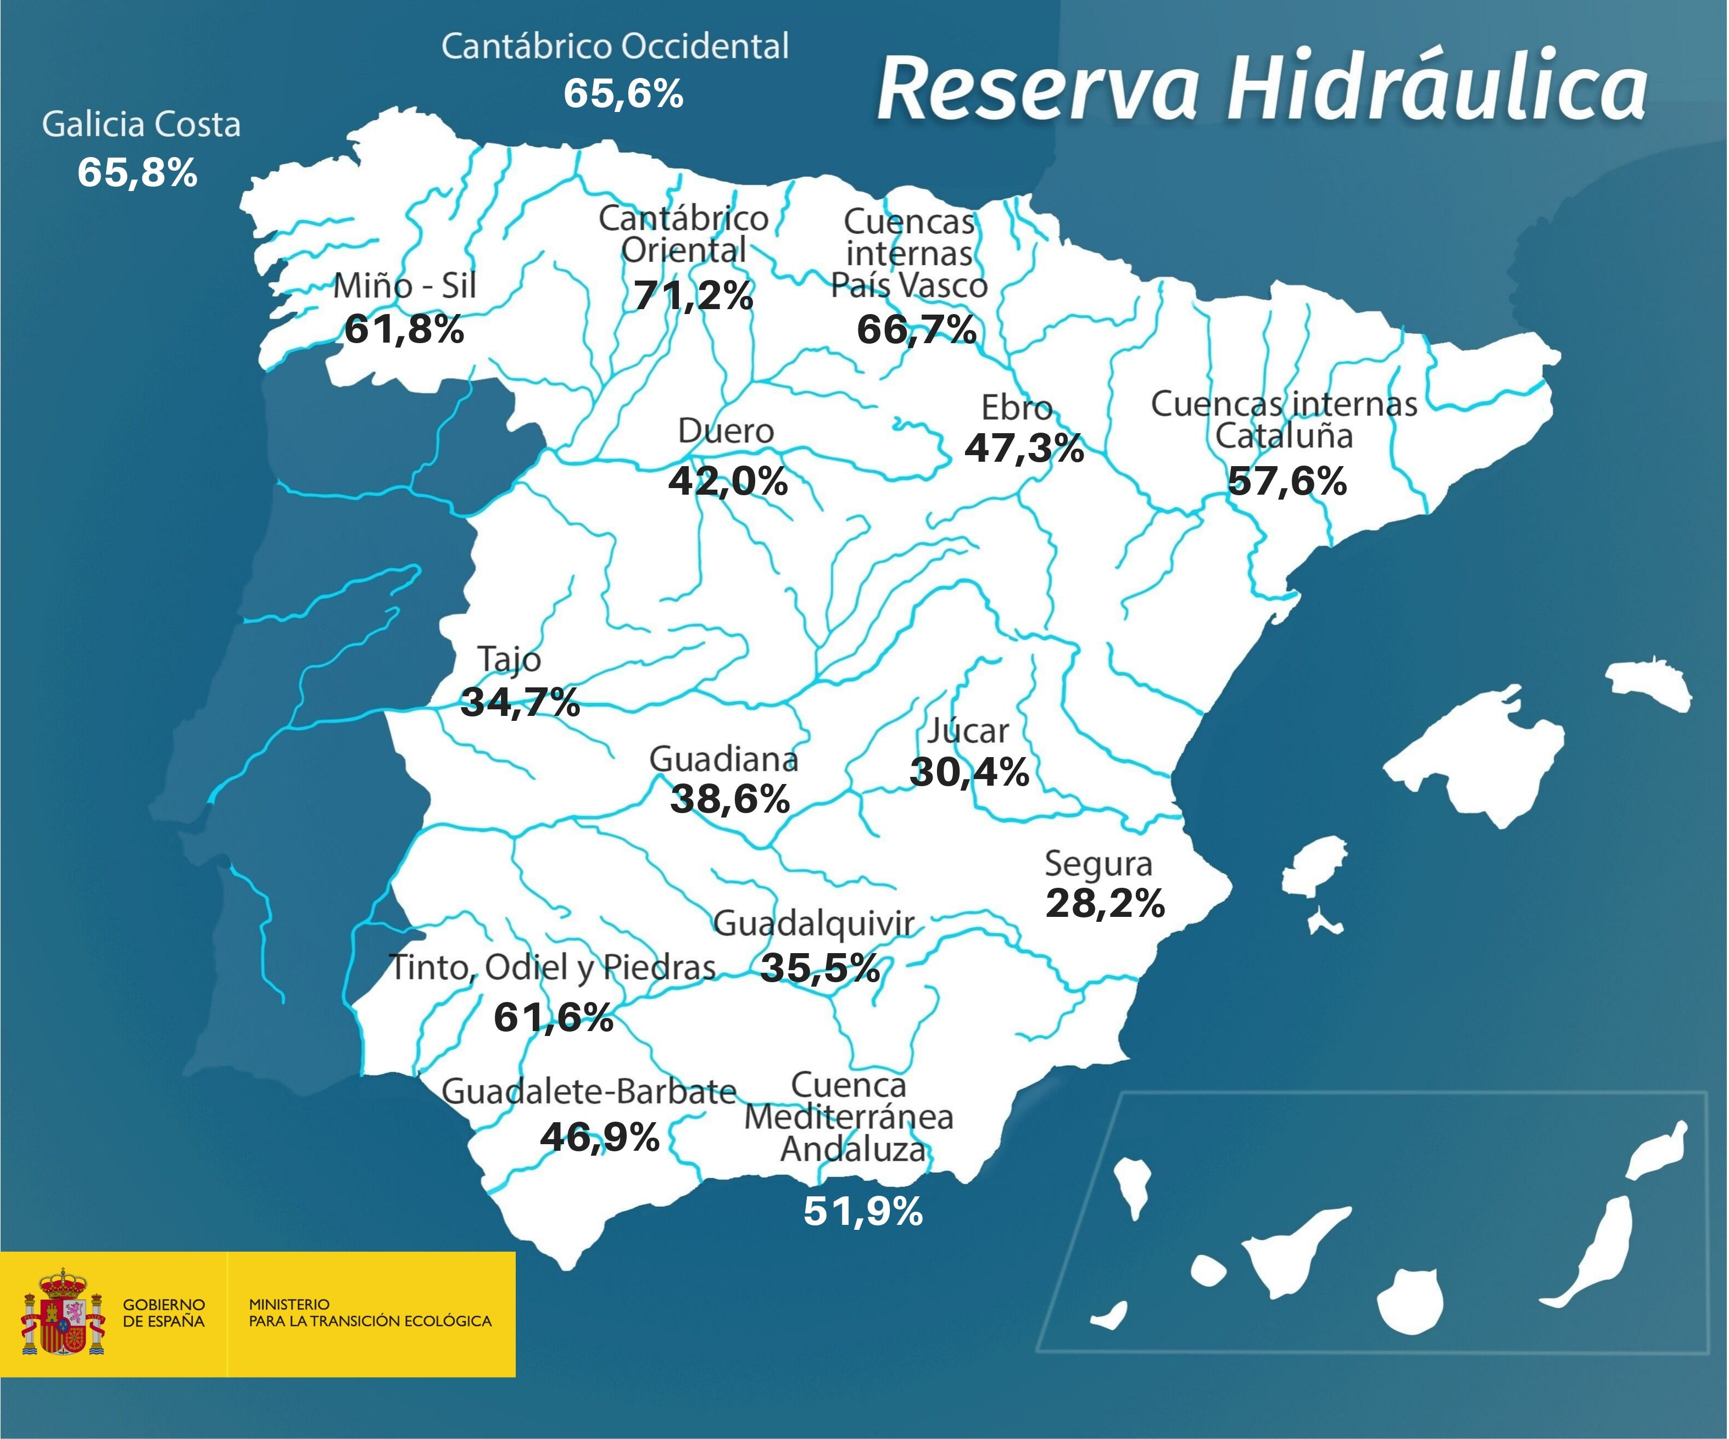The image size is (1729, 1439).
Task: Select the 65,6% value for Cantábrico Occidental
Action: (623, 93)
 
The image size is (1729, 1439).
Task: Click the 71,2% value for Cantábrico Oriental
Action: (693, 295)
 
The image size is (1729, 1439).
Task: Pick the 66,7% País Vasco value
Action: (916, 330)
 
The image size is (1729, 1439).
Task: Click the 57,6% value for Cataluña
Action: (1287, 481)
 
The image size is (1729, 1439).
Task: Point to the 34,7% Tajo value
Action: (520, 702)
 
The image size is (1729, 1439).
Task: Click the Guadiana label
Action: (724, 759)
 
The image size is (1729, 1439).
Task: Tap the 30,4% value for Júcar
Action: (969, 772)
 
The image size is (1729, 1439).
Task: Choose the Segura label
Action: (1098, 864)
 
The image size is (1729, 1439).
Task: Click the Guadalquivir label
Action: (813, 923)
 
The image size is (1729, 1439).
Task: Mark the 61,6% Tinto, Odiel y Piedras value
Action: (553, 1017)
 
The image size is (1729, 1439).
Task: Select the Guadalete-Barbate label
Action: (589, 1091)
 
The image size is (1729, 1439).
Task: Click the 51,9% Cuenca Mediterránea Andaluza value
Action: (863, 1212)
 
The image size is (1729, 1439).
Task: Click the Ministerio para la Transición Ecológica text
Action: (370, 1313)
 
